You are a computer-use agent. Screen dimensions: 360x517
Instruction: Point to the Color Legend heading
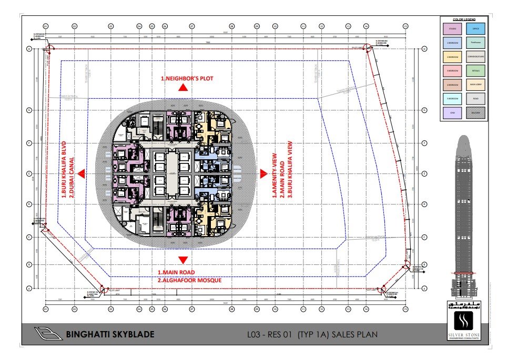[464, 19]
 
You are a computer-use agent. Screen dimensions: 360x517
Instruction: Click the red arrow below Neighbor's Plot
[183, 89]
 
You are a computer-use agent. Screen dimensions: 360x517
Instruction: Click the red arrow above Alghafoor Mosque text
[183, 260]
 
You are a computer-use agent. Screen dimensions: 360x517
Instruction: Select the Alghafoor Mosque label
[190, 280]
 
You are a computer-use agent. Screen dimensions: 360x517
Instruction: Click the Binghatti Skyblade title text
[110, 334]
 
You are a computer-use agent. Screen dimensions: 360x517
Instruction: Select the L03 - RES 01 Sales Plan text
[312, 334]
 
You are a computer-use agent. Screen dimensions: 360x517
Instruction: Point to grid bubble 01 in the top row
[46, 26]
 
